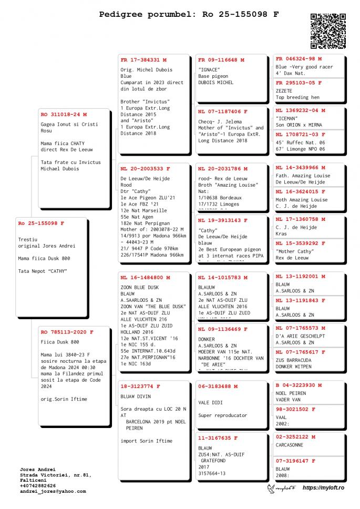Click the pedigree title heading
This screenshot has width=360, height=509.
[189, 15]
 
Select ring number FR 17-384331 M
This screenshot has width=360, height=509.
[143, 60]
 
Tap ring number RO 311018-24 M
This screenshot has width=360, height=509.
[64, 114]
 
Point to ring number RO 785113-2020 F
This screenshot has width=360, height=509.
[67, 332]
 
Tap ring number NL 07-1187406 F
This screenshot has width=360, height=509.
[222, 111]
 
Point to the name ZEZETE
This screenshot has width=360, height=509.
[284, 90]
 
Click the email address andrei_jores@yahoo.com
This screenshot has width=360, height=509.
[53, 491]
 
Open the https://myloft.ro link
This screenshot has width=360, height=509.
[323, 488]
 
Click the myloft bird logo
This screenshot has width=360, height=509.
[281, 488]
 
